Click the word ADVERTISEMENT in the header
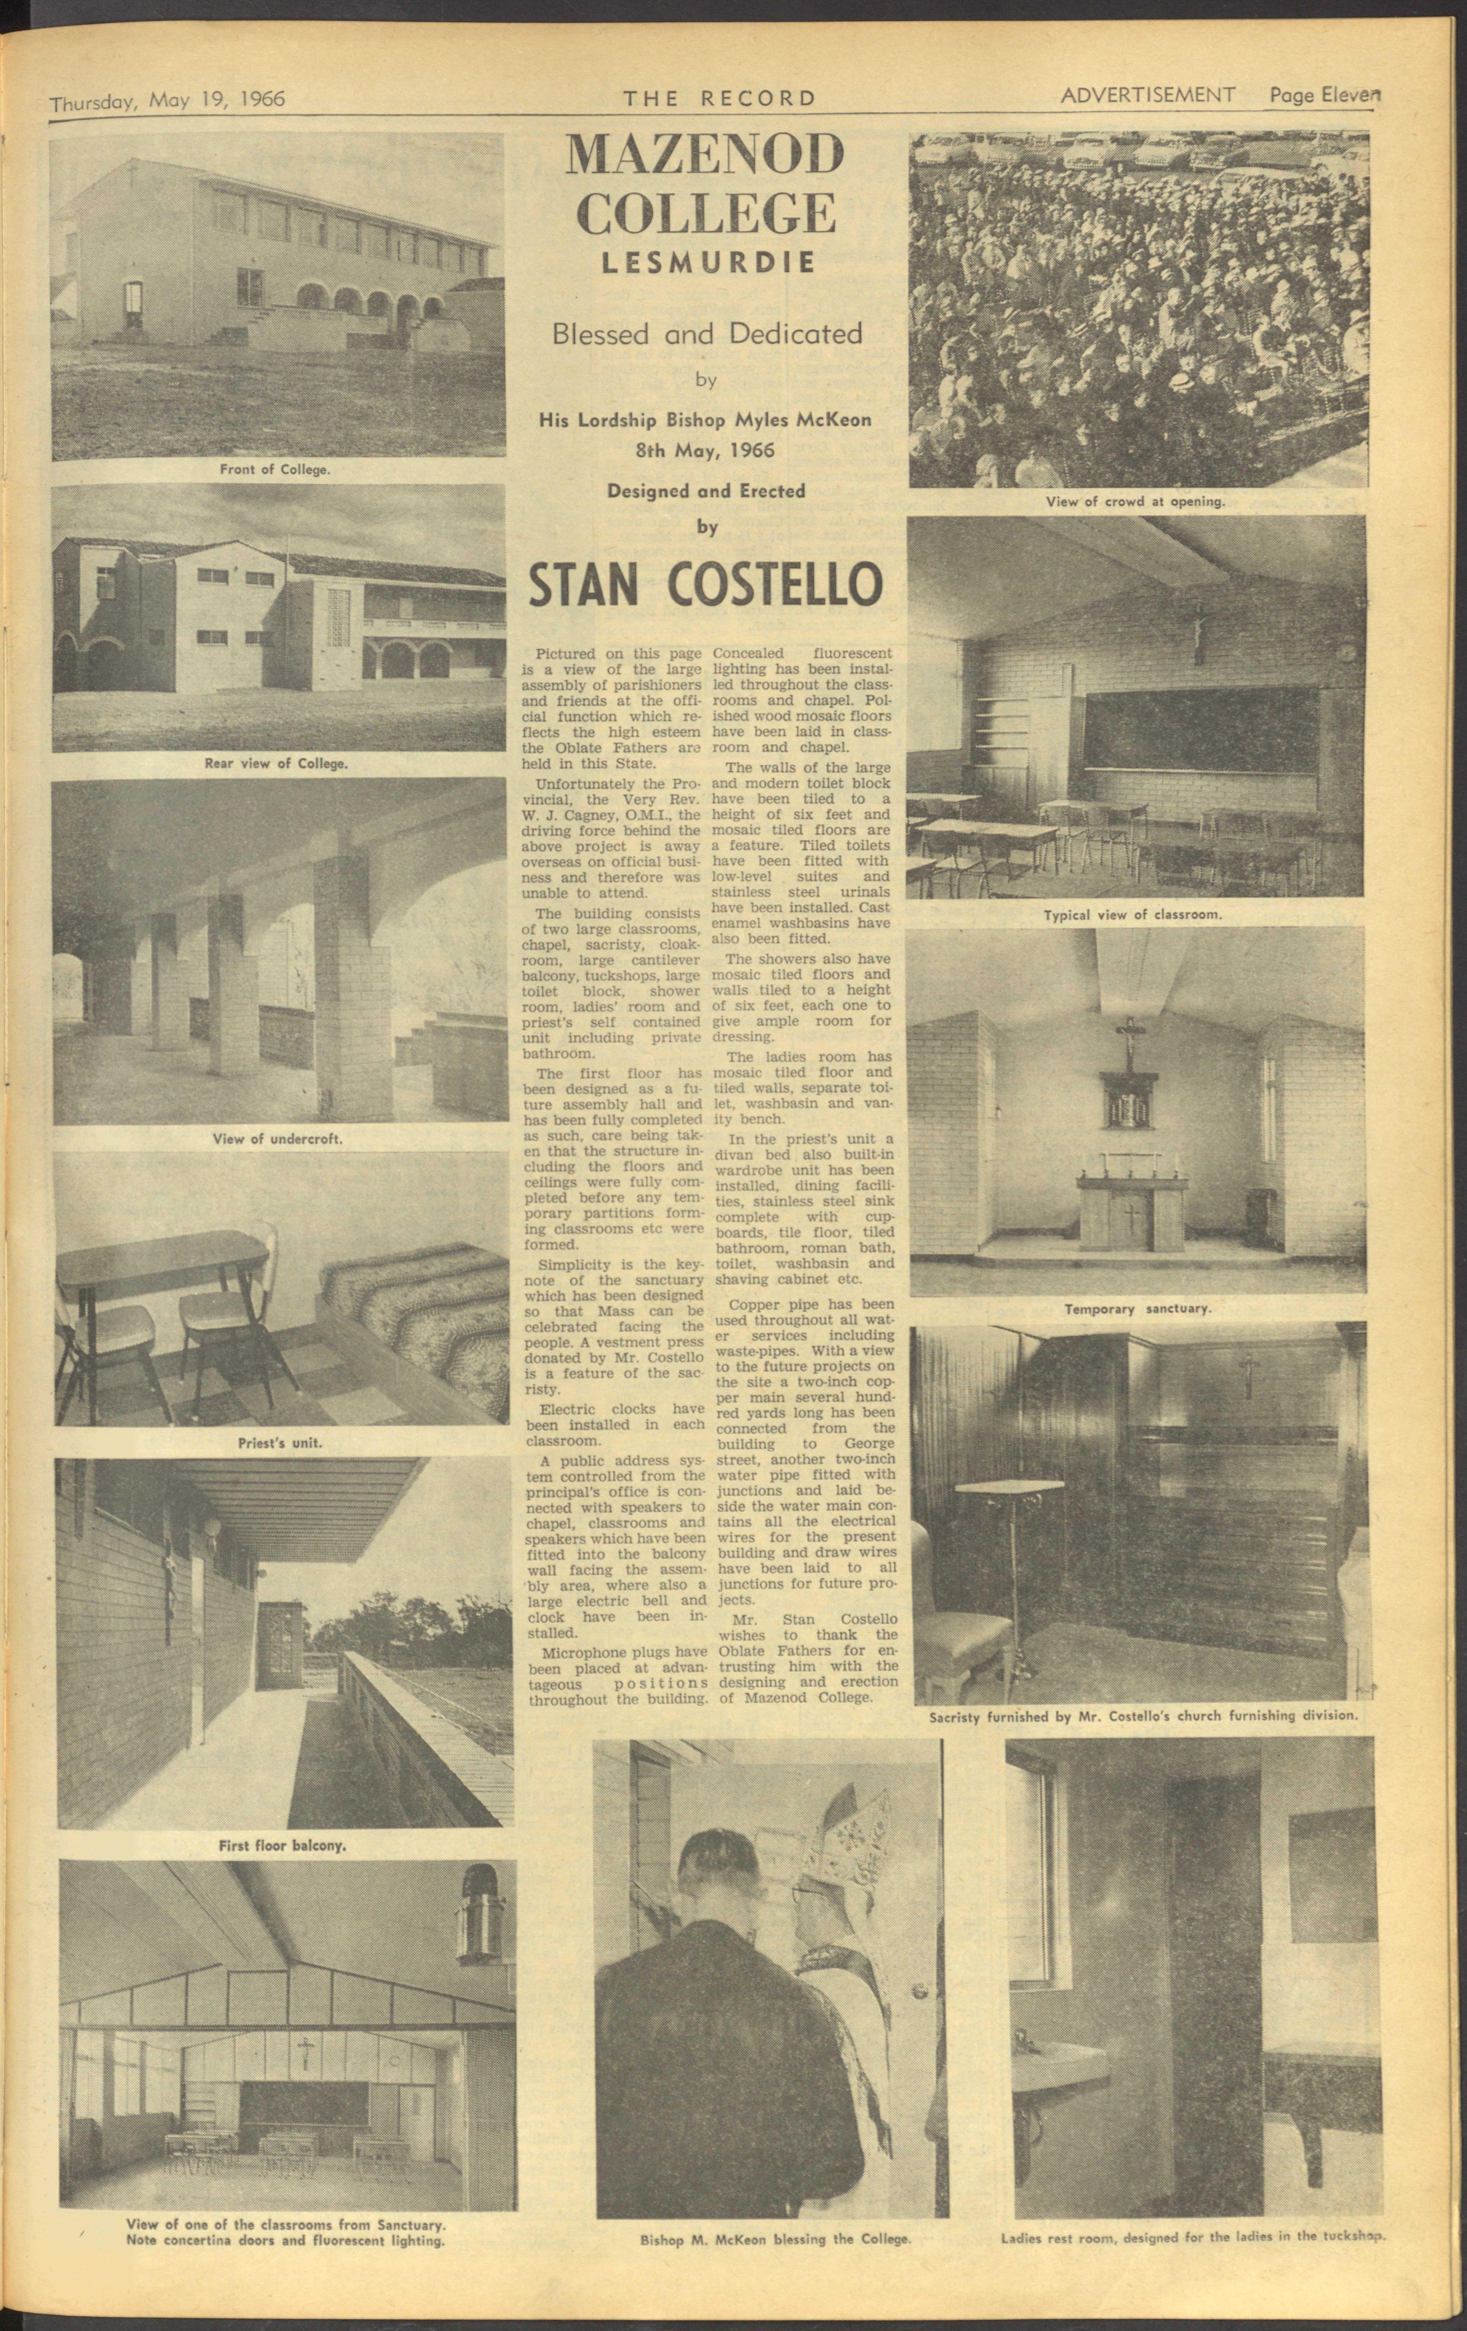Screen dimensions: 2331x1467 (x=1148, y=95)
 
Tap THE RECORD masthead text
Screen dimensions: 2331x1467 (x=719, y=98)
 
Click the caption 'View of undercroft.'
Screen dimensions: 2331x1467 (x=278, y=1138)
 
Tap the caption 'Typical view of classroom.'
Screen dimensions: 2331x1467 (x=1133, y=914)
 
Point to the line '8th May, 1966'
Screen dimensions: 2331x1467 (x=706, y=450)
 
